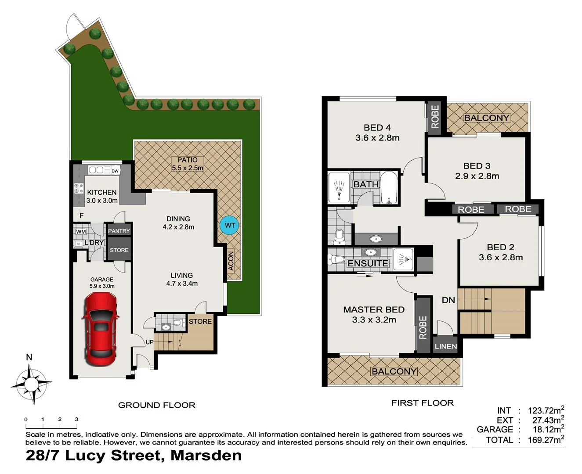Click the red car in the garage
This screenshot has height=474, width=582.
point(101,328)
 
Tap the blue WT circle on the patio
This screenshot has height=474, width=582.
point(230,226)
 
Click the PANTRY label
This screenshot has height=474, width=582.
point(119,231)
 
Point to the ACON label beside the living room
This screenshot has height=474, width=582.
point(231,260)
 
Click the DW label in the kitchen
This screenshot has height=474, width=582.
point(115,171)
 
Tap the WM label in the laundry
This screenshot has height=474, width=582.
point(81,232)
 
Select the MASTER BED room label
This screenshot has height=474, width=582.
point(374,310)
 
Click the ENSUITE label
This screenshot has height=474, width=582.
point(368,263)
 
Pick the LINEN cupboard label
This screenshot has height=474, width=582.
point(445,346)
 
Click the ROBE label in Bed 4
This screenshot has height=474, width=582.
point(435,117)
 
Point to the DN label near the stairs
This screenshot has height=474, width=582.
point(448,300)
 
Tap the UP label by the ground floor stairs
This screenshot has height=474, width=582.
point(149,342)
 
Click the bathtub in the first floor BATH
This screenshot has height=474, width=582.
point(389,187)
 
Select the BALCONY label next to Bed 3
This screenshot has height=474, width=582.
point(487,118)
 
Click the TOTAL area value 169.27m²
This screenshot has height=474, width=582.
point(546,440)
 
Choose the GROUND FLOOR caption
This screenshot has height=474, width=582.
point(157,405)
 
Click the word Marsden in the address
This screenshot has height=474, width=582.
point(206,455)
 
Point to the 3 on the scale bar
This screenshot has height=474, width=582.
point(76,420)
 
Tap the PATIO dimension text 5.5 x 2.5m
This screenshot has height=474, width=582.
point(188,168)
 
